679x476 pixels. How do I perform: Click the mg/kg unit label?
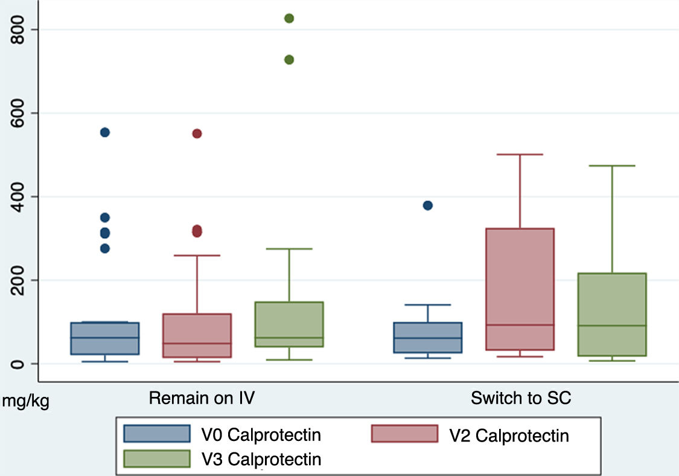[25, 402]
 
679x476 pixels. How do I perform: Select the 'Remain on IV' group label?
[202, 399]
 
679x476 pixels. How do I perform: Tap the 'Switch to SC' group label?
[521, 399]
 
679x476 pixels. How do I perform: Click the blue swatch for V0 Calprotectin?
[157, 434]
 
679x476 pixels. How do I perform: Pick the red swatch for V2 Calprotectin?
[404, 434]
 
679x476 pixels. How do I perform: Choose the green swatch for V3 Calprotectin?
[157, 458]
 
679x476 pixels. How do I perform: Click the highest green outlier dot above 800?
[289, 18]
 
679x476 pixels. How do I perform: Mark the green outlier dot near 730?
[289, 59]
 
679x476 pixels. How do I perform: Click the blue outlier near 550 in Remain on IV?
[104, 132]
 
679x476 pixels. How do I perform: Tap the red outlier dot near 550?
[197, 133]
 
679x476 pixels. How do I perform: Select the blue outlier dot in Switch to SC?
[428, 205]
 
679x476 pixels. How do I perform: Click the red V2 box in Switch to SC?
[520, 272]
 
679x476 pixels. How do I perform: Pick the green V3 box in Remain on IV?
[289, 314]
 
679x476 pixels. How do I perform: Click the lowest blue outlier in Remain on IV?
[104, 248]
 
